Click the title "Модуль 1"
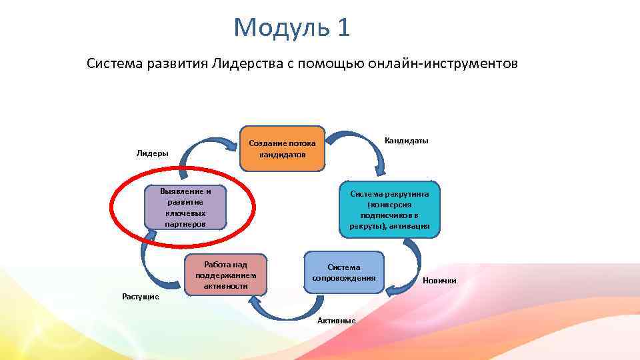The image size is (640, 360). (x=291, y=28)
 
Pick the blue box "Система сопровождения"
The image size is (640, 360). (x=344, y=272)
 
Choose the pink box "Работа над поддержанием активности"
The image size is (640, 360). (x=225, y=274)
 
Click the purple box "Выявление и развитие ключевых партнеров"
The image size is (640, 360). (x=185, y=207)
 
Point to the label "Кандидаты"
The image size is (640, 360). (x=407, y=141)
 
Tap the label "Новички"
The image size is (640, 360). (x=439, y=281)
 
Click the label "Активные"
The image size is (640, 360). (x=336, y=321)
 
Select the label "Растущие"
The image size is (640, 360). (x=140, y=296)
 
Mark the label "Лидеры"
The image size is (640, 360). (x=152, y=153)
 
